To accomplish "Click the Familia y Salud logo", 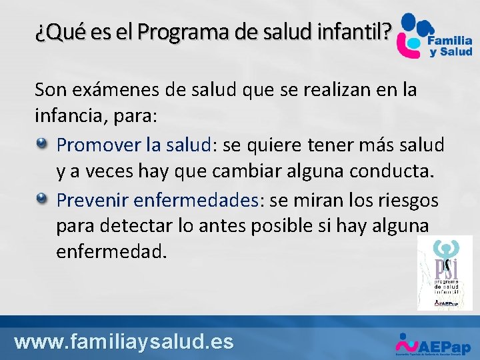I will pos(433,36).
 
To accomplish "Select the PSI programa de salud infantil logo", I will pos(444,273).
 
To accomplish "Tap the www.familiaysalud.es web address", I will pos(124,342).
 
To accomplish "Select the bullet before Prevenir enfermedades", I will pos(42,198).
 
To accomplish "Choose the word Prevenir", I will pos(93,200).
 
